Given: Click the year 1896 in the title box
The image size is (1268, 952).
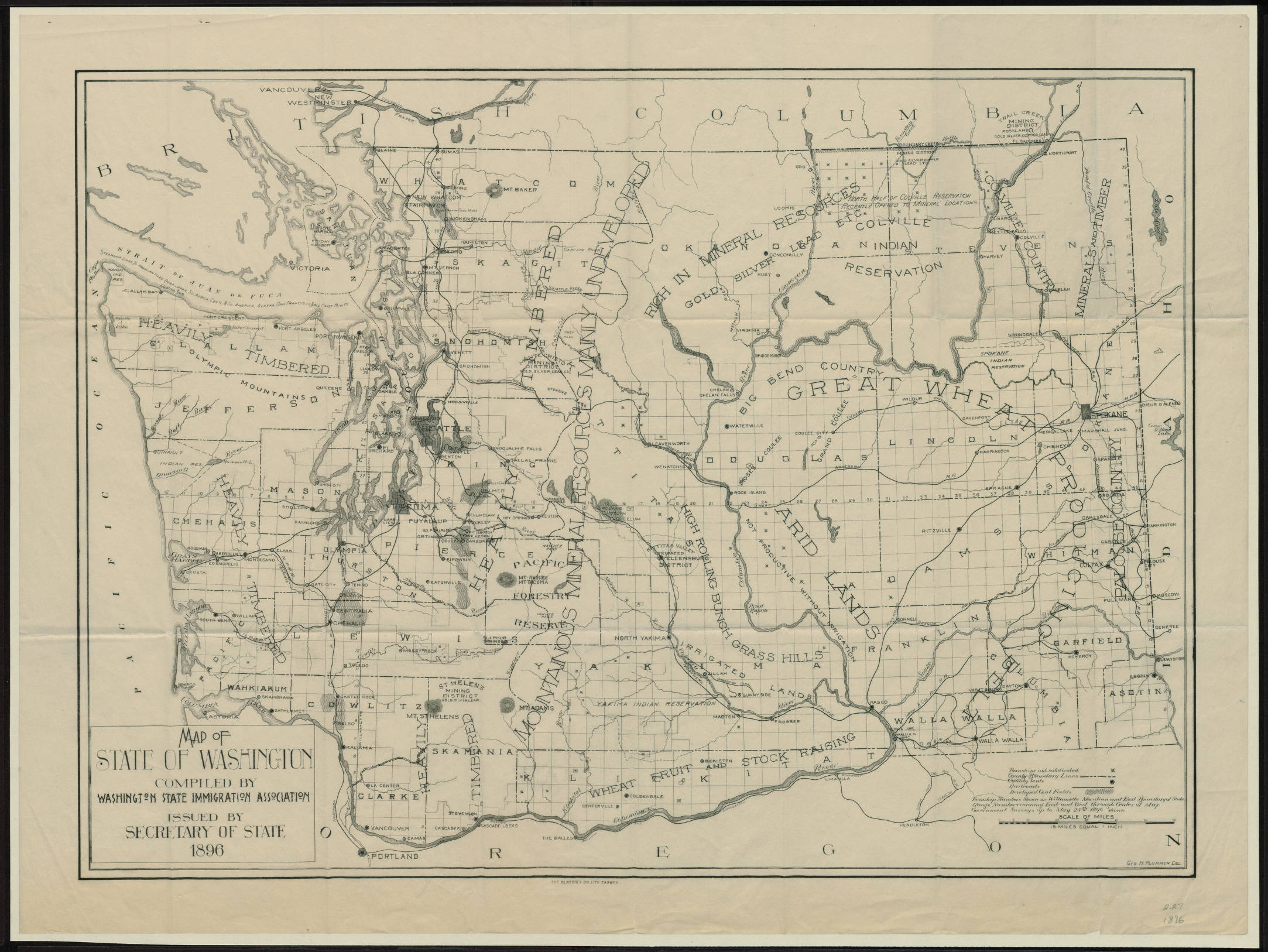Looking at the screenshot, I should (x=203, y=850).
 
